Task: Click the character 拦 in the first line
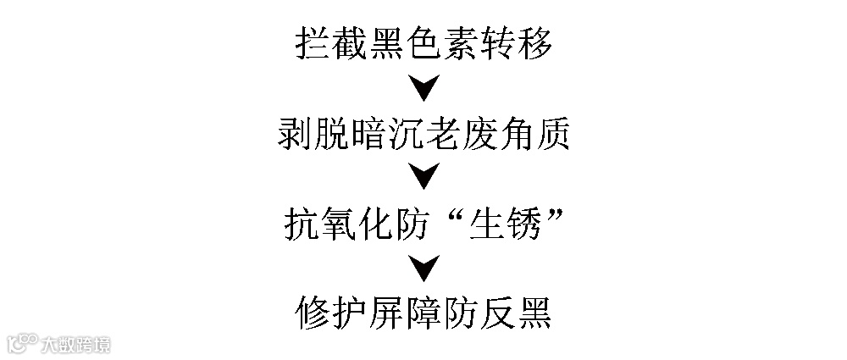click(313, 42)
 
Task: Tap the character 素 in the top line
click(460, 42)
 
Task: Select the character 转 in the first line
click(497, 42)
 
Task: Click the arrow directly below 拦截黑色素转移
click(423, 87)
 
